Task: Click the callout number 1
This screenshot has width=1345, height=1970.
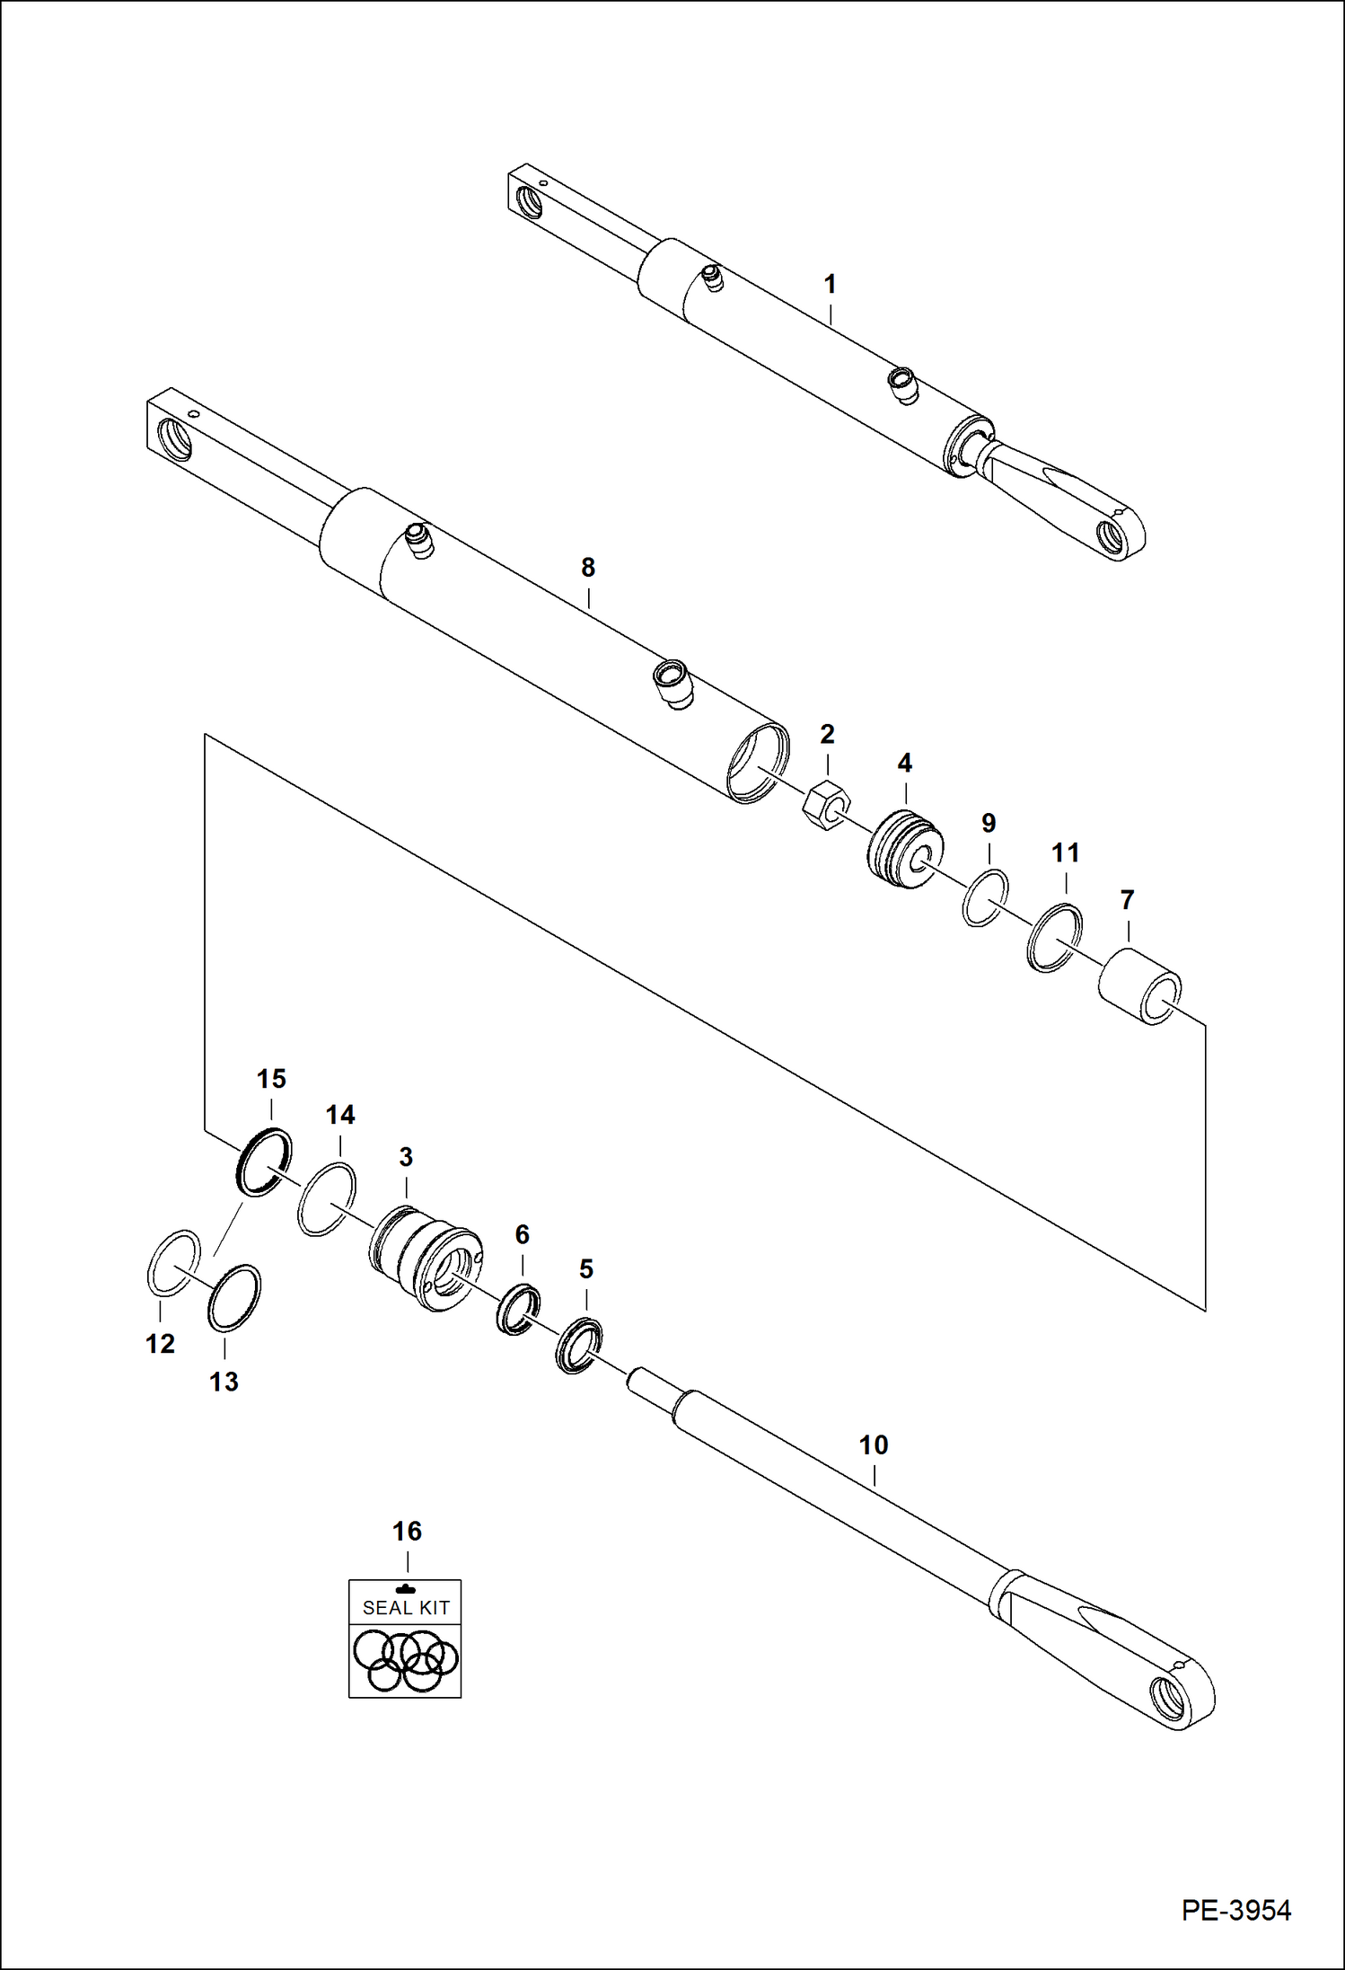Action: (x=830, y=285)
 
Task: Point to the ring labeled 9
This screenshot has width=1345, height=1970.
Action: (x=985, y=897)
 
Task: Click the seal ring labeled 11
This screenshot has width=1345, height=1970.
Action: (x=1054, y=940)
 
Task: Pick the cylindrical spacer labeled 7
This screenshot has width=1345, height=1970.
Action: (x=1139, y=988)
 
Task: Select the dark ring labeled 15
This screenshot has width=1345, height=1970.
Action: (x=263, y=1162)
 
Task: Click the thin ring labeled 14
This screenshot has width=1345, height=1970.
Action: (x=326, y=1198)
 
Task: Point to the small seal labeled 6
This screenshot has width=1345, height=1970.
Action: (x=519, y=1309)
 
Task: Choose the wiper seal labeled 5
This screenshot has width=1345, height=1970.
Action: (x=578, y=1345)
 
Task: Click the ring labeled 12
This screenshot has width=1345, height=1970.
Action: (x=172, y=1263)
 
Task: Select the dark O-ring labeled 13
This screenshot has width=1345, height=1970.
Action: (x=234, y=1298)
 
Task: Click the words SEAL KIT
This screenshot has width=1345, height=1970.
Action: (x=405, y=1608)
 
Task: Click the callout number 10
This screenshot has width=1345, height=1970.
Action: (x=873, y=1445)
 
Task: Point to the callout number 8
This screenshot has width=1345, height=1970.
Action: (x=587, y=568)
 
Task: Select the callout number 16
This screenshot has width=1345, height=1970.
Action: (x=407, y=1532)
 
